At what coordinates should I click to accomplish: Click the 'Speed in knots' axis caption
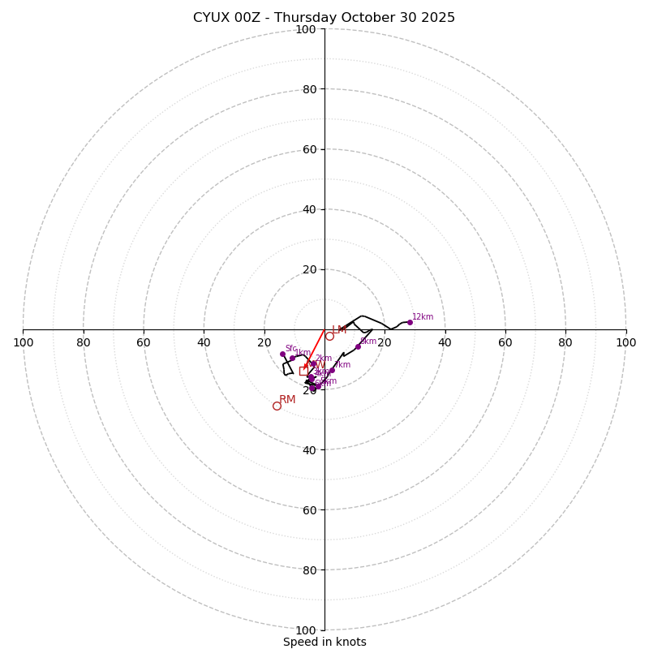pos(324,642)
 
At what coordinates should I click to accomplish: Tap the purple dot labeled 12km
pos(410,322)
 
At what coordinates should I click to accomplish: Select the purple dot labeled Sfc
pos(283,354)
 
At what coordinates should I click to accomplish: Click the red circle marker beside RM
pos(277,406)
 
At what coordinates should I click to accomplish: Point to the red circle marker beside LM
pos(329,336)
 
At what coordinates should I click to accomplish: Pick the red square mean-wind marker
pos(303,371)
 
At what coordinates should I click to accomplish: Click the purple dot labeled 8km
pos(358,346)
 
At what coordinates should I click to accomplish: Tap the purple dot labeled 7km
pos(332,370)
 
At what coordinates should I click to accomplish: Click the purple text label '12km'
pos(423,316)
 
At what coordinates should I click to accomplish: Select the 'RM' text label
pos(287,399)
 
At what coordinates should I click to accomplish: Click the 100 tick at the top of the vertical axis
pos(306,29)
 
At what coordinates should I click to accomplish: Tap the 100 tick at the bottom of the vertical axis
pos(306,630)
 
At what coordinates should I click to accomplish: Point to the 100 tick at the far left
pos(23,342)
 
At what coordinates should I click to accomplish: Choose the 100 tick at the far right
pos(626,342)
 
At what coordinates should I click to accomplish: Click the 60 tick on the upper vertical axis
pos(308,149)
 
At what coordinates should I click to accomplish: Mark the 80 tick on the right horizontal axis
pos(565,342)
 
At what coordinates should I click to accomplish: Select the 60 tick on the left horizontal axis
pos(144,342)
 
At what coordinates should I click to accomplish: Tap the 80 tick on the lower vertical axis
pos(308,570)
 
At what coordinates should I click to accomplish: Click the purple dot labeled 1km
pos(292,358)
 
